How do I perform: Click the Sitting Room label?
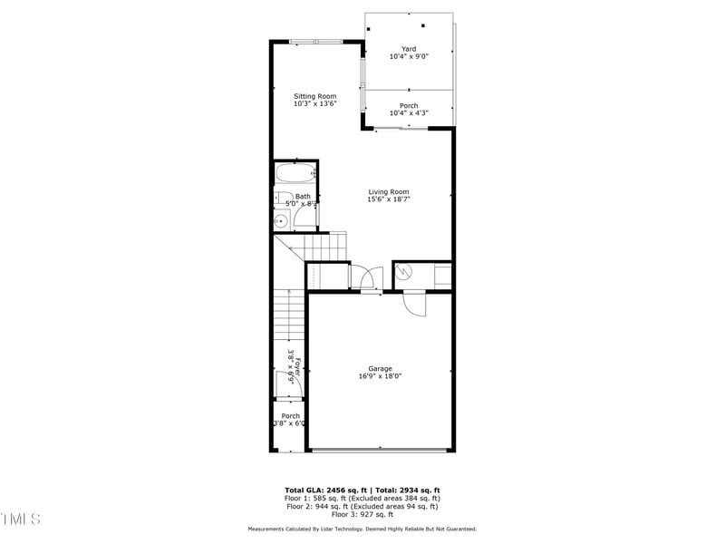coord(314,96)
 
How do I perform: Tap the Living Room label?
coord(388,191)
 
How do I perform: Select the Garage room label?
coord(380,368)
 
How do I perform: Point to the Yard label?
coord(409,48)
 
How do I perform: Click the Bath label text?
coord(302,197)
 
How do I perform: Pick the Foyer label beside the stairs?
coord(296,365)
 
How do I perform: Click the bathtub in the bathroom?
coord(295,173)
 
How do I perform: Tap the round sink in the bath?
coord(280,219)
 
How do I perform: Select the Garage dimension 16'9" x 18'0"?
coord(380,376)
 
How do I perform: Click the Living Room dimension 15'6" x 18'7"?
coord(388,199)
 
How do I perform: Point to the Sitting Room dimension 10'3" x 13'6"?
coord(314,104)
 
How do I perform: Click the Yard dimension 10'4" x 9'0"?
coord(409,56)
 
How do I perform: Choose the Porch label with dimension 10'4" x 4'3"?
coord(409,106)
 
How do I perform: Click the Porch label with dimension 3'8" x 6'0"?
coord(290,416)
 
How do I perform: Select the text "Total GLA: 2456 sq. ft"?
coord(327,491)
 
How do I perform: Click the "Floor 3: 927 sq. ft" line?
coord(362,515)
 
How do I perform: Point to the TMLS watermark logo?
coord(20,519)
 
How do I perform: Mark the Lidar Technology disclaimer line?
coord(362,529)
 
